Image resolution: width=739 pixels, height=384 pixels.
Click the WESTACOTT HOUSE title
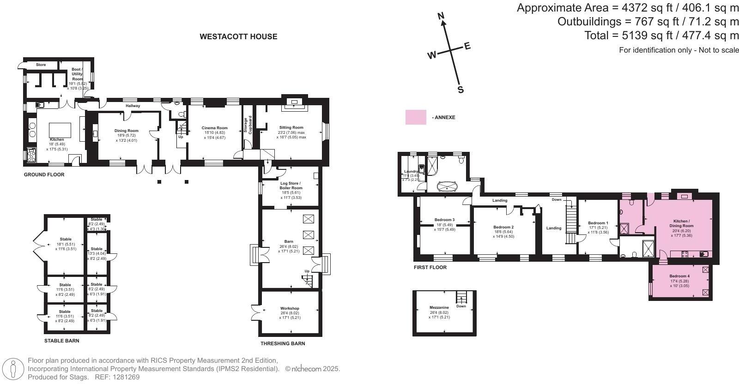click(x=238, y=36)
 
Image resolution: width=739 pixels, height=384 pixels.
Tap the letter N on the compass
click(x=441, y=17)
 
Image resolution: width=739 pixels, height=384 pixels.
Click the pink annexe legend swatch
click(x=416, y=117)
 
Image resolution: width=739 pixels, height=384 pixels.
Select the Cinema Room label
click(x=214, y=128)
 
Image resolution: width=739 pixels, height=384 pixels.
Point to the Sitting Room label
click(x=291, y=127)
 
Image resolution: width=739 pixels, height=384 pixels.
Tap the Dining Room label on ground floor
click(x=127, y=131)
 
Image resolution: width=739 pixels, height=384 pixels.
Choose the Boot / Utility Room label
click(x=77, y=74)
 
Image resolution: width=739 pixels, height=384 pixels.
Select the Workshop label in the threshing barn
click(x=290, y=308)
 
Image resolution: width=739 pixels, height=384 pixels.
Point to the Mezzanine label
click(x=439, y=307)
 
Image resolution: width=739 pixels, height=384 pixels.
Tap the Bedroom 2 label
click(x=503, y=227)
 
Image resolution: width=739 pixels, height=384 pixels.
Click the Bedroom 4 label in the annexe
click(x=679, y=276)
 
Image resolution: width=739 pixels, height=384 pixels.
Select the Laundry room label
click(x=410, y=172)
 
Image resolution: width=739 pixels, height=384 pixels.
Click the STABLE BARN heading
click(x=61, y=341)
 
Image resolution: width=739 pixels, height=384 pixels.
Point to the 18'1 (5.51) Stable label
click(x=65, y=240)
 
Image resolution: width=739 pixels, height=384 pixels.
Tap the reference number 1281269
click(x=123, y=377)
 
